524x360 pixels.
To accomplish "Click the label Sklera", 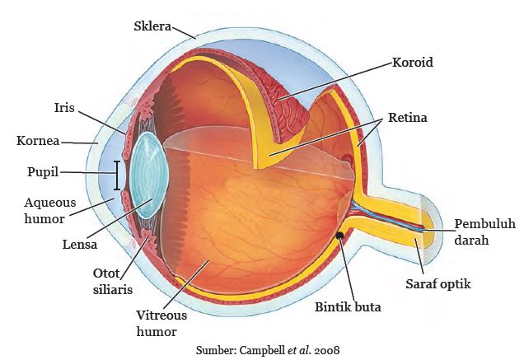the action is coord(152,26).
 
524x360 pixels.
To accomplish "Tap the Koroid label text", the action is coord(413,62).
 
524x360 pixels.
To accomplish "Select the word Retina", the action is coord(407,118).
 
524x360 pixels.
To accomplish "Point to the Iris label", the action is coord(64,108).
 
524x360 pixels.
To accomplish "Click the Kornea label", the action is coord(38,141).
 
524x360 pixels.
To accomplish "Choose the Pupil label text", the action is coord(43,172).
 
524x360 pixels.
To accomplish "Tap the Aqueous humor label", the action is coord(49,211).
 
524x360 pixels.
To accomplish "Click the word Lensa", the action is coord(80,245).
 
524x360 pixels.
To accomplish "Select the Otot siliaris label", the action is coord(113,282).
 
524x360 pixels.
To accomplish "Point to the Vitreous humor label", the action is coord(161,323).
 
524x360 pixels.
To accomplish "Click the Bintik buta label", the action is coord(348,306).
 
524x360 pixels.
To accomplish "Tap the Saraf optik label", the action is coord(438,284).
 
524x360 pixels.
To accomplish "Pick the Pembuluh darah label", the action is coord(485,232).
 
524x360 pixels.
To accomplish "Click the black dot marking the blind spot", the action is coord(340,236).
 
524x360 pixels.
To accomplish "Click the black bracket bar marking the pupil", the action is coord(117,175).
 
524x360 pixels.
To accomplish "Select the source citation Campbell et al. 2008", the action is coord(268,350).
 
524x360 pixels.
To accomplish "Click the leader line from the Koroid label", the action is coord(335,81).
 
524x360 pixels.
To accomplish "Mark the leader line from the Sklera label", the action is coord(184,33).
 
